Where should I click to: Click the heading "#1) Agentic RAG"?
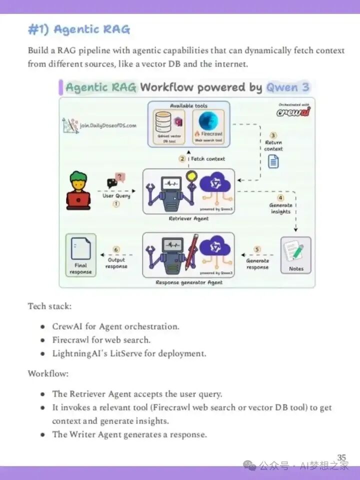click(79, 30)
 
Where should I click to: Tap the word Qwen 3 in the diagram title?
click(287, 87)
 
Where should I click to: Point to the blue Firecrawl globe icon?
click(208, 121)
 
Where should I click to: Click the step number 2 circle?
click(182, 159)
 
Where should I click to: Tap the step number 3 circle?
click(273, 135)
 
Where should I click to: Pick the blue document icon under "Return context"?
click(273, 161)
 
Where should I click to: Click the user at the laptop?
click(78, 190)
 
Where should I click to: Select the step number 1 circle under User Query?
click(116, 204)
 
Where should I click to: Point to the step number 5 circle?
click(257, 249)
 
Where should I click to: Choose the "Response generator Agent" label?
click(189, 282)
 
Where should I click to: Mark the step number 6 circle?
click(116, 249)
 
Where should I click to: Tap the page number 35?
click(341, 457)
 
